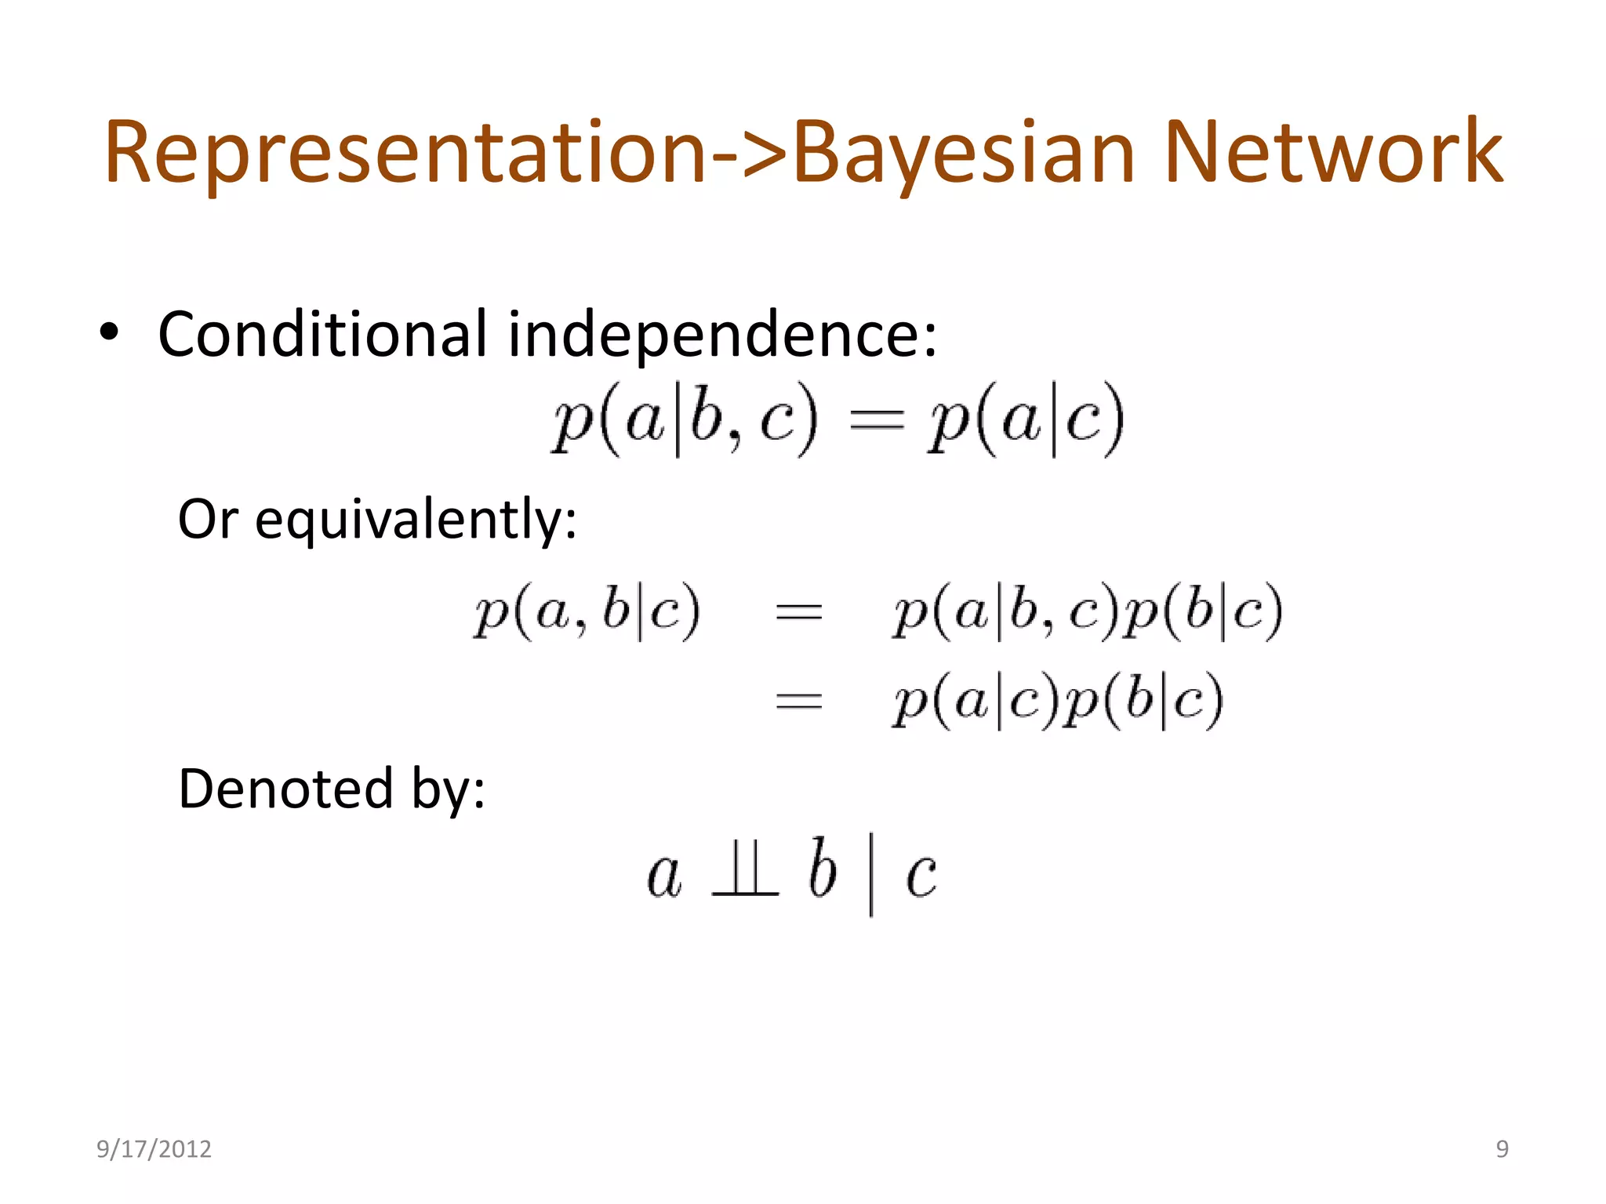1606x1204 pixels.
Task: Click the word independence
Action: point(721,335)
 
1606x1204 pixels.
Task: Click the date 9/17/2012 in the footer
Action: point(154,1149)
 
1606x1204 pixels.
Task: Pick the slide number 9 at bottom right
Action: point(1502,1149)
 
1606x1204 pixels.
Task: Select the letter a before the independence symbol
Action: point(665,875)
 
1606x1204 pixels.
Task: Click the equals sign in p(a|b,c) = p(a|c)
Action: point(877,421)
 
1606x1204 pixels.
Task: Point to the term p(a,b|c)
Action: point(587,611)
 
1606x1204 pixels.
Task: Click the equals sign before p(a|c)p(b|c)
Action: point(798,700)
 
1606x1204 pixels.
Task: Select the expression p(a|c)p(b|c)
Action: point(1057,700)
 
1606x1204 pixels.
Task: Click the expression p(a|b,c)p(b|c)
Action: point(1087,611)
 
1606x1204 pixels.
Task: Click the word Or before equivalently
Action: point(207,519)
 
